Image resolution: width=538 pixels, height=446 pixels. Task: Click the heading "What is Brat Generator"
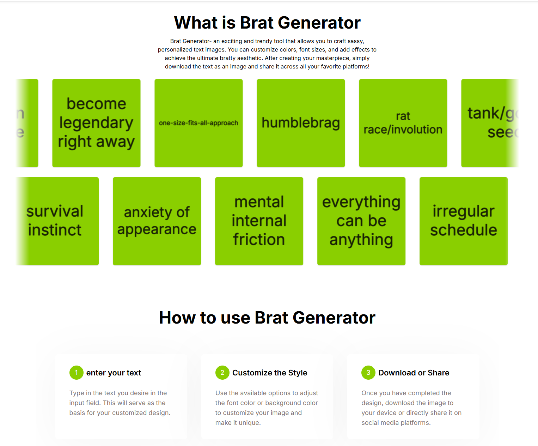[x=267, y=23]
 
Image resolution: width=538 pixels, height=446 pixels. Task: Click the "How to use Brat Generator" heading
[x=267, y=318]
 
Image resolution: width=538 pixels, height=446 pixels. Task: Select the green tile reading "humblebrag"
[x=301, y=123]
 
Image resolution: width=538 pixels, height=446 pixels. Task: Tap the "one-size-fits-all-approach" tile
[x=198, y=123]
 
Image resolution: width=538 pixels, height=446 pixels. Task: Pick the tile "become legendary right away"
[x=96, y=123]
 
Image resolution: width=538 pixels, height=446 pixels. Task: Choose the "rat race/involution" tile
[x=403, y=123]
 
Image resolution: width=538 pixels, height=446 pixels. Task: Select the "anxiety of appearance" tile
[x=157, y=221]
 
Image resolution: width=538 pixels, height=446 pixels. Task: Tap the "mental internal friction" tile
[x=259, y=221]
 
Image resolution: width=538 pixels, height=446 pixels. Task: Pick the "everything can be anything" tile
[x=361, y=221]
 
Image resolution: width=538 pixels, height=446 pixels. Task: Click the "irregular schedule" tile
[x=464, y=221]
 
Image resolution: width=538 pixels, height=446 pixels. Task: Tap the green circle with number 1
[x=76, y=373]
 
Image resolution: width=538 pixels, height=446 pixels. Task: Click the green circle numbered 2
[x=222, y=373]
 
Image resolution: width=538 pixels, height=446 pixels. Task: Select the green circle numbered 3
[x=368, y=373]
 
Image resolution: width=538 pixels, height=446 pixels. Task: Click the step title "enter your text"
[x=114, y=373]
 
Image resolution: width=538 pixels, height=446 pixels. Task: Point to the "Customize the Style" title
[x=270, y=373]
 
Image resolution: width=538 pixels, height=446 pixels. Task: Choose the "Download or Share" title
[x=414, y=373]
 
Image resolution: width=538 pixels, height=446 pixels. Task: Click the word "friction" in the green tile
[x=259, y=240]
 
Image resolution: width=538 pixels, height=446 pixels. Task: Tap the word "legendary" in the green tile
[x=96, y=123]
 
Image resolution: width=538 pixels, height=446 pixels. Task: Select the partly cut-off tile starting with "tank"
[x=490, y=123]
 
